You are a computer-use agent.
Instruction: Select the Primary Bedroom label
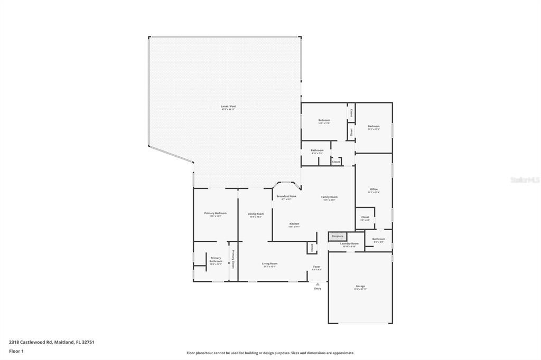[x=215, y=214]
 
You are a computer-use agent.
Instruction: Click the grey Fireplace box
[x=338, y=236]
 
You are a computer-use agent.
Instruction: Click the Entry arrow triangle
[x=318, y=284]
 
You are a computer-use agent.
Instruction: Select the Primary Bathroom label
[x=216, y=260]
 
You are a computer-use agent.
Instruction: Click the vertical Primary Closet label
[x=232, y=259]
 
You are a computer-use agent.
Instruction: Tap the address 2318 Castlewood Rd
[x=52, y=342]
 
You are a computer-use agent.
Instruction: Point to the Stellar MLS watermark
[x=525, y=180]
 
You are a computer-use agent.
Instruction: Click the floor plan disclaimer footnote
[x=270, y=353]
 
